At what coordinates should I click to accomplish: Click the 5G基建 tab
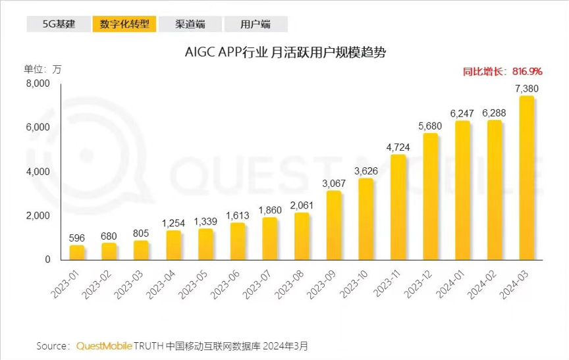pos(59,24)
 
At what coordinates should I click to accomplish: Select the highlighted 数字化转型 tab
pos(124,24)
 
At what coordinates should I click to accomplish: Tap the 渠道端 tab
pos(190,24)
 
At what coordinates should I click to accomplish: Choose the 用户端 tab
pos(256,24)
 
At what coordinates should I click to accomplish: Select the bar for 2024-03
pos(527,178)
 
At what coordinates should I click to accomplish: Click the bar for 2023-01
pos(77,253)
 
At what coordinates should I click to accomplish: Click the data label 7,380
pos(527,88)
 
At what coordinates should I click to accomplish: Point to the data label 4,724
pos(398,147)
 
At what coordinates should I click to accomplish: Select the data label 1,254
pos(173,223)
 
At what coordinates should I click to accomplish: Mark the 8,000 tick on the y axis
pos(38,84)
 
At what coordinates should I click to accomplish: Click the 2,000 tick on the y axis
pos(38,216)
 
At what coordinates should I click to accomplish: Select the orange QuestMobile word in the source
pos(104,345)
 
